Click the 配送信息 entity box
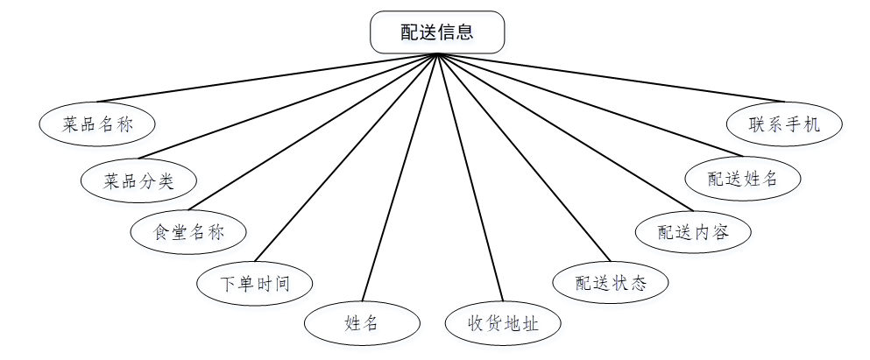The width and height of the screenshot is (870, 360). pyautogui.click(x=437, y=32)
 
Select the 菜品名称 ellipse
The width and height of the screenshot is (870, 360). pyautogui.click(x=97, y=124)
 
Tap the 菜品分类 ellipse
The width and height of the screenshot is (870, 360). pyautogui.click(x=138, y=181)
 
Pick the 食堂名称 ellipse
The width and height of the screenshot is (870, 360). pyautogui.click(x=188, y=232)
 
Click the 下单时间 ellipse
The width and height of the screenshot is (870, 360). pyautogui.click(x=254, y=283)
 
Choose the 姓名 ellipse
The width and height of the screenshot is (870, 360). pyautogui.click(x=361, y=323)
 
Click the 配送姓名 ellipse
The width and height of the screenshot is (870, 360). pyautogui.click(x=742, y=177)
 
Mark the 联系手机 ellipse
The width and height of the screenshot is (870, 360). pyautogui.click(x=784, y=124)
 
